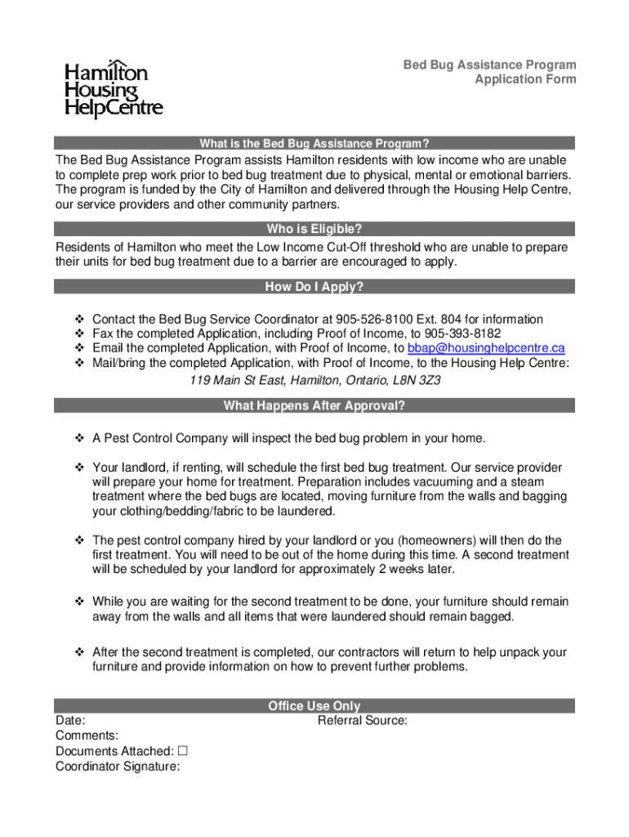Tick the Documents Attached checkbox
183,751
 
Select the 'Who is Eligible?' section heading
314,229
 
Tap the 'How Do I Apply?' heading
314,287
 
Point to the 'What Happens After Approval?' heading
314,406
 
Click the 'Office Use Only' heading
314,706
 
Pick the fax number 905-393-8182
462,333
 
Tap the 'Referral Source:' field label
363,721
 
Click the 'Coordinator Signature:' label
118,767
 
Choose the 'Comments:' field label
87,736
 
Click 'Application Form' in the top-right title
526,79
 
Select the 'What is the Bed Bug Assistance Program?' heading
314,143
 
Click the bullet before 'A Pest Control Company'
80,438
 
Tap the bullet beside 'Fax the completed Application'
80,333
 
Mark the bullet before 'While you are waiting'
80,602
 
